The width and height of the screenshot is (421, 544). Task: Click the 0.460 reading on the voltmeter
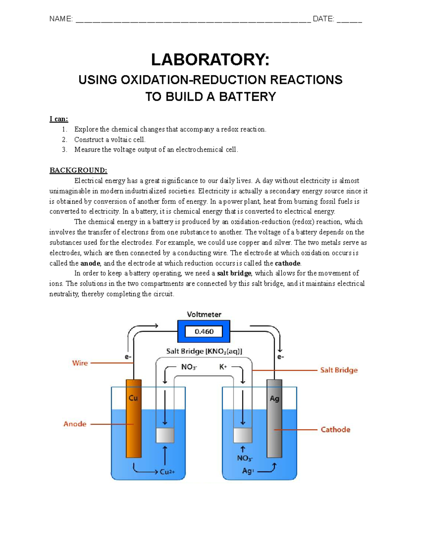tap(204, 331)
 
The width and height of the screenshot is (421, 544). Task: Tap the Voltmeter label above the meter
tap(204, 315)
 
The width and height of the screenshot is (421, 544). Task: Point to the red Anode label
tap(75, 424)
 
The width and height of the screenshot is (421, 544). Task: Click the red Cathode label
tap(335, 429)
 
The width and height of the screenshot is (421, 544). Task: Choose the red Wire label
tap(80, 363)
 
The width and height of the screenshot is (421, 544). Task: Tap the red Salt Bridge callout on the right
tap(339, 370)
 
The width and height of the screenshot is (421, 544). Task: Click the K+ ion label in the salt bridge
tap(223, 367)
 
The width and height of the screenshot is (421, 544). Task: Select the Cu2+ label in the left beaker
tap(167, 472)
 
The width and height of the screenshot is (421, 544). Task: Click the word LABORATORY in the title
tap(210, 60)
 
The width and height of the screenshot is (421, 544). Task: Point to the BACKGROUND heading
tap(78, 170)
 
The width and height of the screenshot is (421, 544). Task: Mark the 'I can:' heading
tap(59, 119)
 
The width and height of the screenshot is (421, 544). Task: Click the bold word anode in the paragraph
tap(90, 263)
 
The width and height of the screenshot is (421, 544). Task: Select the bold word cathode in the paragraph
tap(288, 263)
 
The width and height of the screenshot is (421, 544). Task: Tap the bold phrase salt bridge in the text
tap(234, 273)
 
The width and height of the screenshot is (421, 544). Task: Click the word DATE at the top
tap(323, 19)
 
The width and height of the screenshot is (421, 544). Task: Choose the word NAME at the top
tap(61, 19)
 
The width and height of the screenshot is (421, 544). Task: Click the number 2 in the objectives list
tap(64, 139)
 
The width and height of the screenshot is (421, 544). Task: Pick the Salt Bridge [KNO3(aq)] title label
tap(204, 351)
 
